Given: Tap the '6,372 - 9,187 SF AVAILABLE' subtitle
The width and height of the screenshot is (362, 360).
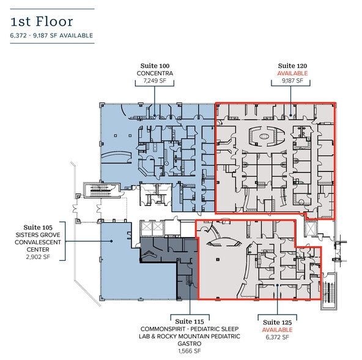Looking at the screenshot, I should pyautogui.click(x=51, y=36).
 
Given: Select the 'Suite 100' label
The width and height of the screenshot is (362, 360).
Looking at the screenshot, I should pyautogui.click(x=155, y=66).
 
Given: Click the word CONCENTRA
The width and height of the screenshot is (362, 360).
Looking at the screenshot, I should pyautogui.click(x=155, y=73).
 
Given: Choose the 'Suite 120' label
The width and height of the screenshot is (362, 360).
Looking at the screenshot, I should pyautogui.click(x=292, y=65).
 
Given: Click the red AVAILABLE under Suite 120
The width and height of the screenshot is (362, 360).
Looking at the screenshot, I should pyautogui.click(x=292, y=73).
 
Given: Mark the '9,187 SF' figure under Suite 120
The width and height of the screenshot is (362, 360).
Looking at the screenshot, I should pyautogui.click(x=292, y=81).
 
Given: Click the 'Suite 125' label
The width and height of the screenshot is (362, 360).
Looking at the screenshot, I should pyautogui.click(x=278, y=321).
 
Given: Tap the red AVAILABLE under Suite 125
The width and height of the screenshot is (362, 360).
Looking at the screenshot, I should pyautogui.click(x=278, y=329).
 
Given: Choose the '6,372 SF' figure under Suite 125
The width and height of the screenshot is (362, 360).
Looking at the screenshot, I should pyautogui.click(x=278, y=337).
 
